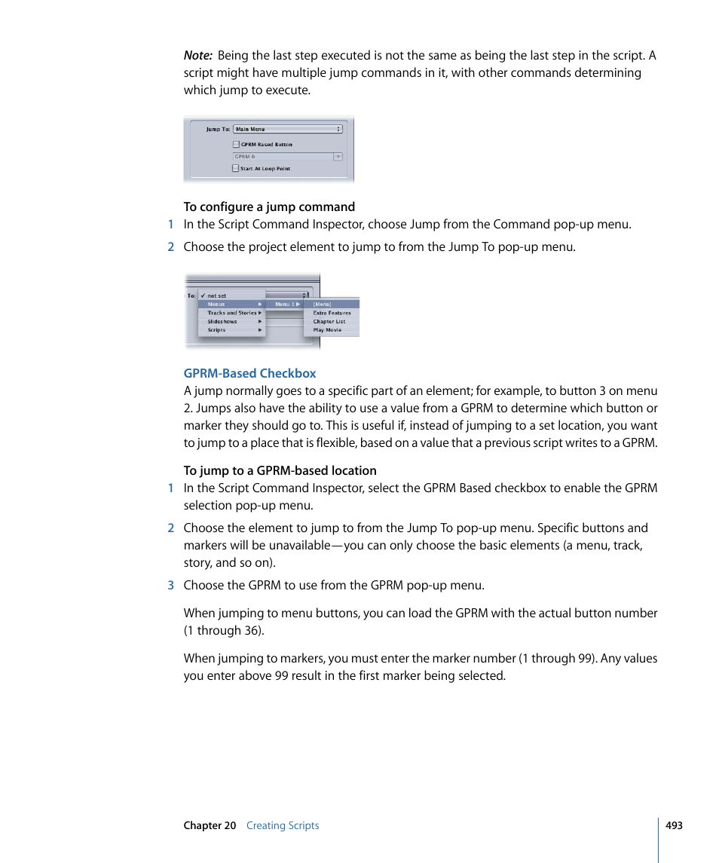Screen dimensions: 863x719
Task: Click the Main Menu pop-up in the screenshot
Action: click(x=287, y=129)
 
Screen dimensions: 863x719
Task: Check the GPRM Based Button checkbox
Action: click(x=236, y=144)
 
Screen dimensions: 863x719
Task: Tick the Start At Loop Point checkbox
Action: click(x=236, y=169)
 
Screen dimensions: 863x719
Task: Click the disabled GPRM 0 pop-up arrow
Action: click(x=338, y=157)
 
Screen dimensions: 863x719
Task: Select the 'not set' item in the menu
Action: click(x=216, y=295)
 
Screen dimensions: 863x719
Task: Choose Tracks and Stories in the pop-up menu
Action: click(x=232, y=313)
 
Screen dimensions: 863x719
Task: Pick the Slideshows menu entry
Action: click(x=222, y=321)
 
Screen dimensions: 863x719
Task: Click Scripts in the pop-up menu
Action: click(x=217, y=330)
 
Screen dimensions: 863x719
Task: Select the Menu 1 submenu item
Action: click(x=284, y=304)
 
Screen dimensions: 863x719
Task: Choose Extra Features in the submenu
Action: click(x=332, y=313)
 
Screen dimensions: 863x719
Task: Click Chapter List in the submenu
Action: click(x=329, y=321)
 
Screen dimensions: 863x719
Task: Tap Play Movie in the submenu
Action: click(x=327, y=330)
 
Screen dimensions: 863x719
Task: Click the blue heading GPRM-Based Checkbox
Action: click(x=249, y=373)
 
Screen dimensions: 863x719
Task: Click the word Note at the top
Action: click(x=197, y=56)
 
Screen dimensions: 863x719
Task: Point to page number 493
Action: click(x=674, y=825)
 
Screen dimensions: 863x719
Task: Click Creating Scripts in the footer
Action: click(x=283, y=825)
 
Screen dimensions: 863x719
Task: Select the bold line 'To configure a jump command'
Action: click(x=269, y=207)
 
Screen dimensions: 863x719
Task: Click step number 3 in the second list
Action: click(x=170, y=585)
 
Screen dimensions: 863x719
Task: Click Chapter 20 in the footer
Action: click(x=210, y=825)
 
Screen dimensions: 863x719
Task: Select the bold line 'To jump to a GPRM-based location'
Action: click(x=280, y=470)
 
